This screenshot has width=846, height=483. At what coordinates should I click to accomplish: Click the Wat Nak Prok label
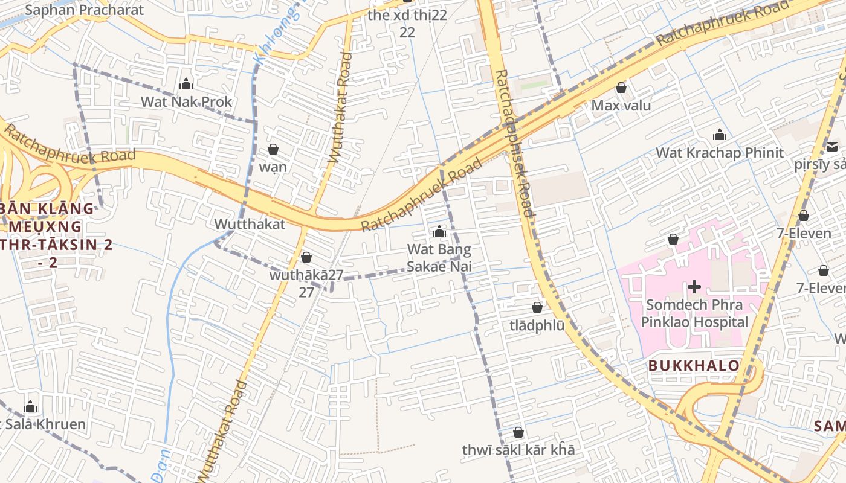(x=186, y=101)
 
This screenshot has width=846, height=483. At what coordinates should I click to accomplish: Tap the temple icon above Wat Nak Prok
(x=186, y=84)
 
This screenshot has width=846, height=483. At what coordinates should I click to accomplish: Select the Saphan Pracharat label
(x=85, y=10)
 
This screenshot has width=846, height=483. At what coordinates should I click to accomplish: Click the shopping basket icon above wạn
(x=273, y=149)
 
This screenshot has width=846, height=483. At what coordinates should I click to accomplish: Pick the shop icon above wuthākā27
(x=306, y=257)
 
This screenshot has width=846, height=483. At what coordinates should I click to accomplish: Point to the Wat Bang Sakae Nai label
(x=439, y=258)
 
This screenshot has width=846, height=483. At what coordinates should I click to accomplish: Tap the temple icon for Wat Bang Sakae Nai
(x=439, y=231)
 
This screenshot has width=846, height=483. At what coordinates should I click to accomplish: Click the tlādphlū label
(x=537, y=325)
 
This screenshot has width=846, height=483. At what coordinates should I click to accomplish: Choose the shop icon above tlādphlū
(x=537, y=307)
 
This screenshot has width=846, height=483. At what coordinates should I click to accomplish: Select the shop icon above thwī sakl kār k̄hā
(x=518, y=432)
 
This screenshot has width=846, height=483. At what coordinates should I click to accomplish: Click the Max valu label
(x=621, y=106)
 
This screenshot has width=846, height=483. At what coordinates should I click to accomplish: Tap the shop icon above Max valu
(x=621, y=88)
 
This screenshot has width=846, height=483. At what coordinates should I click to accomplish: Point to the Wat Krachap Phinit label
(x=719, y=152)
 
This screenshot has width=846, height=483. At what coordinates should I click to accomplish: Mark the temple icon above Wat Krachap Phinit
(x=719, y=135)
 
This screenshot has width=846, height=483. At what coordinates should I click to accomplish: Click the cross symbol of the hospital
(x=694, y=286)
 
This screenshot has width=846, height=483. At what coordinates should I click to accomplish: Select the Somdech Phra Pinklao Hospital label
(x=694, y=313)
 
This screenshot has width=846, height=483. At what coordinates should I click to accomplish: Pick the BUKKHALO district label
(x=694, y=365)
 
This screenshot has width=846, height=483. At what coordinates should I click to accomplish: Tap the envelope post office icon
(x=832, y=146)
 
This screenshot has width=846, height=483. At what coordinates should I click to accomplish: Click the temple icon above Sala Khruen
(x=30, y=406)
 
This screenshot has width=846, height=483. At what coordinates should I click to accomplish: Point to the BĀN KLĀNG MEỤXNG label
(x=47, y=217)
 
